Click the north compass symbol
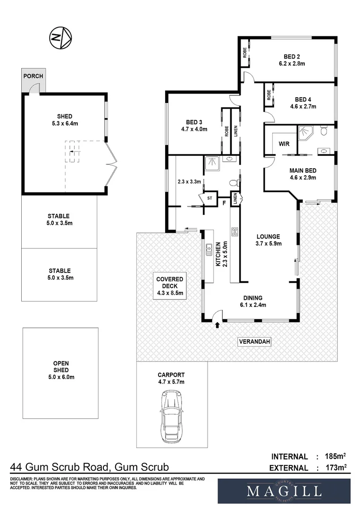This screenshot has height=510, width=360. (60, 38)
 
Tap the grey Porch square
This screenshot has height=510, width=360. (33, 80)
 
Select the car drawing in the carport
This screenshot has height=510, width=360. (171, 416)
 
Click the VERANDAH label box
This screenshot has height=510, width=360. (254, 341)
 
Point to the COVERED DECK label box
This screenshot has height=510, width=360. (169, 286)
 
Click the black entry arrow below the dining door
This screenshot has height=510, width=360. (218, 324)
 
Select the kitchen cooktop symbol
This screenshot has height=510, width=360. (234, 231)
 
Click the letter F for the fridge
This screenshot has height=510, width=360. (224, 204)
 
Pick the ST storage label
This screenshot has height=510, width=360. (209, 198)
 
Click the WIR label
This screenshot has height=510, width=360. (284, 144)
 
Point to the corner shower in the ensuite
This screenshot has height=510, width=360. (305, 133)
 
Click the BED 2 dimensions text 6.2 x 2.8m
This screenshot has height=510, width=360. (292, 64)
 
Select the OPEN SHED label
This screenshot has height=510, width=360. (61, 366)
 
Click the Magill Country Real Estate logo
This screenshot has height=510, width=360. (284, 491)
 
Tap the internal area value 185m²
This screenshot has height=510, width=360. (335, 456)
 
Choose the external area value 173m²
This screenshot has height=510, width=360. (335, 467)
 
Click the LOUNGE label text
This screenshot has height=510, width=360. (268, 237)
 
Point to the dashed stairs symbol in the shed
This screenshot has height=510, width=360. (72, 152)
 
